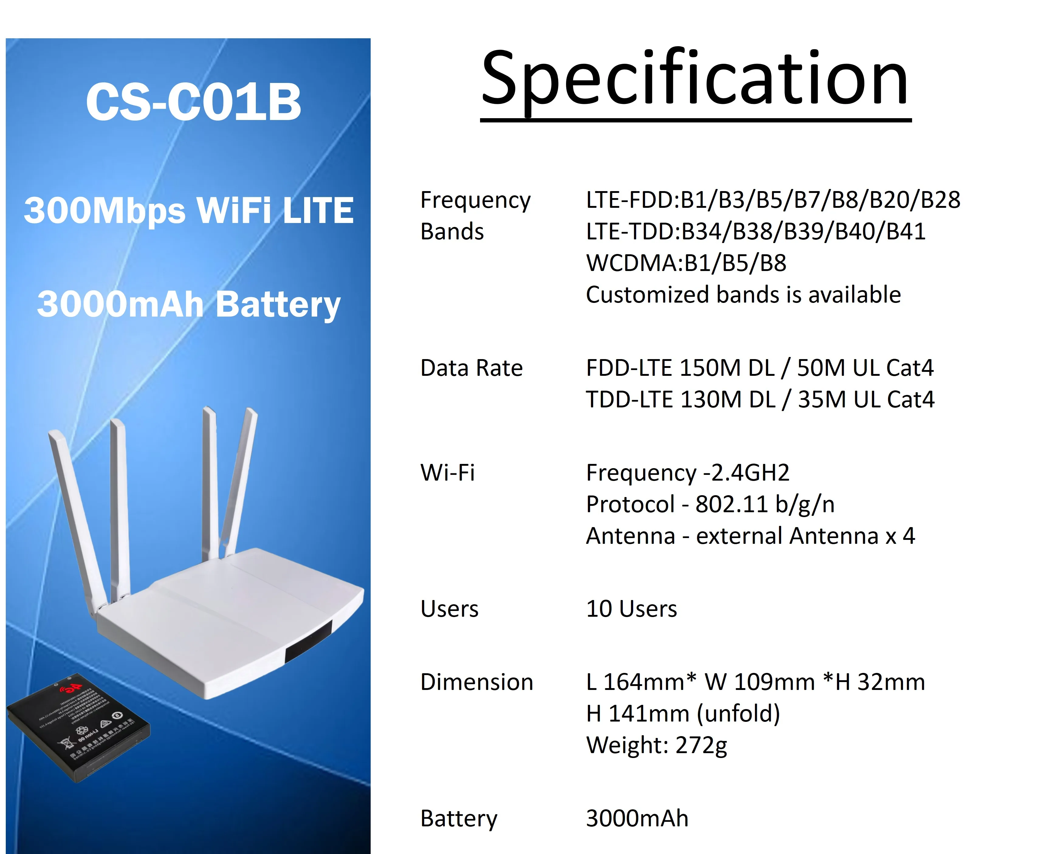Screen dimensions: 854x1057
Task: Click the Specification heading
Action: [x=695, y=79]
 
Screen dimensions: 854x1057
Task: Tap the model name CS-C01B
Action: [x=193, y=102]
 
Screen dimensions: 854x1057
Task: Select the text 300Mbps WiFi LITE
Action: [x=189, y=210]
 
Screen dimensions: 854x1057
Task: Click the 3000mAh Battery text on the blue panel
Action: [x=189, y=304]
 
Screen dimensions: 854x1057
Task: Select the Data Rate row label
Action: [x=471, y=368]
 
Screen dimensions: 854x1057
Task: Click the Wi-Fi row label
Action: [x=448, y=473]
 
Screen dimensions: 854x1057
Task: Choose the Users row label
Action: [x=449, y=609]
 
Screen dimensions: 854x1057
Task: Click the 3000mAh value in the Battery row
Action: [x=637, y=818]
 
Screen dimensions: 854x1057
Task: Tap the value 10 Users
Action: [x=632, y=609]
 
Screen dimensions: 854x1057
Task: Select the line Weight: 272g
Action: [x=657, y=745]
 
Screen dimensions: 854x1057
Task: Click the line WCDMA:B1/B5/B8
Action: [x=686, y=263]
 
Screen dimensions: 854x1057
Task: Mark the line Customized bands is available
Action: [x=743, y=295]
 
